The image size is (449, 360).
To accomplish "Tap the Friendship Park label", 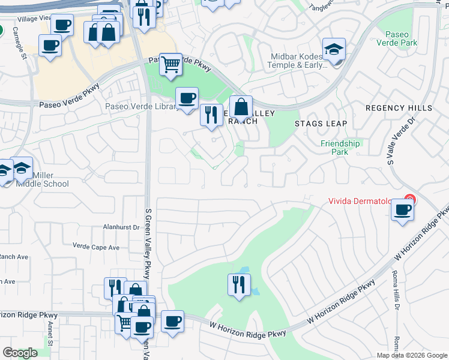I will click(340, 148).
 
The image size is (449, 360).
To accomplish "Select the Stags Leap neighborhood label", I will click(321, 124).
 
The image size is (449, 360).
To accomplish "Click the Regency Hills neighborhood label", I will click(399, 108).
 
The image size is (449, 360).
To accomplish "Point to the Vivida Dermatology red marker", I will click(410, 199).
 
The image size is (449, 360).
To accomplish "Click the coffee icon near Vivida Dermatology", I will click(402, 210).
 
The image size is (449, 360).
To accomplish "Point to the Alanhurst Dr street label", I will click(121, 227).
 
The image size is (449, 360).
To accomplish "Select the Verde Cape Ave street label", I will click(96, 247).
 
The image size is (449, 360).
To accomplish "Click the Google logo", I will click(19, 353).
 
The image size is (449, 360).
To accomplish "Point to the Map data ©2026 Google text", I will click(412, 355).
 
